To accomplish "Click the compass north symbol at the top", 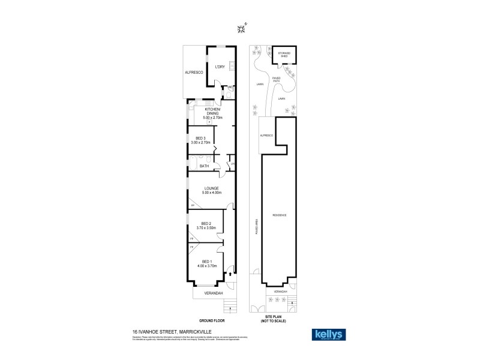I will pyautogui.click(x=241, y=28).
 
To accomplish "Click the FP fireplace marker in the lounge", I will pyautogui.click(x=193, y=206).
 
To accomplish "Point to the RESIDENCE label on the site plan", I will pyautogui.click(x=280, y=215).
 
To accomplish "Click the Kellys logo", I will pyautogui.click(x=328, y=334).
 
